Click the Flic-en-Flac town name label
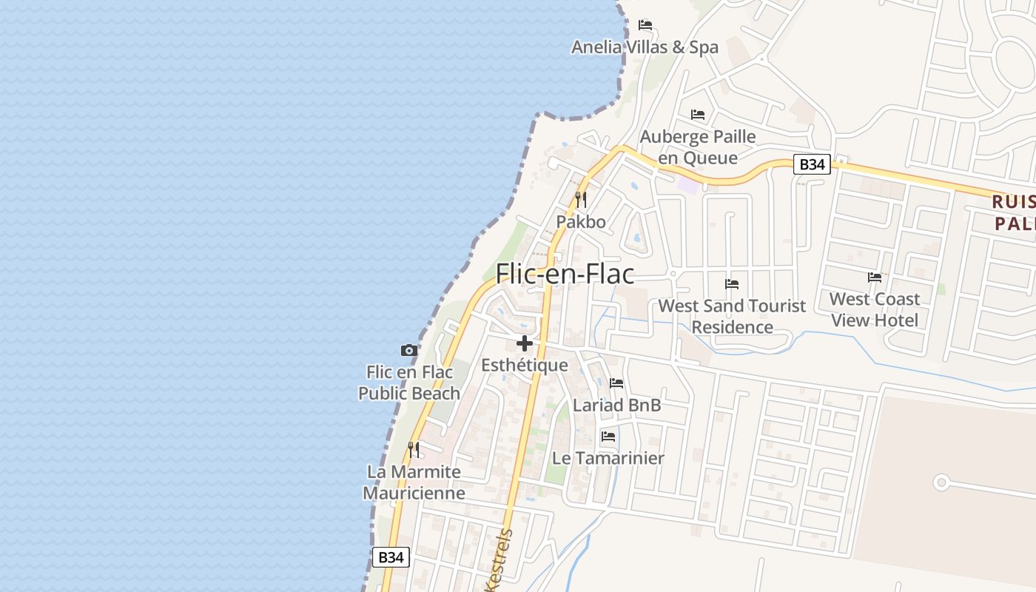(x=565, y=274)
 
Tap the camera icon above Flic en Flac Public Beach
(x=408, y=350)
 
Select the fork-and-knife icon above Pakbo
(x=581, y=200)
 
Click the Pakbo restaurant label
(x=581, y=222)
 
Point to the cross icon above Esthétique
(x=525, y=343)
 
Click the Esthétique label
(x=525, y=366)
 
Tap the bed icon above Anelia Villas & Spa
(x=645, y=25)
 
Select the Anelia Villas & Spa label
(x=645, y=47)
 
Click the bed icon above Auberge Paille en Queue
(x=698, y=115)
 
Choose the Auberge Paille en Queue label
(x=698, y=147)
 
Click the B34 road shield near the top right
(x=812, y=164)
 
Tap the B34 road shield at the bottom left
(x=390, y=557)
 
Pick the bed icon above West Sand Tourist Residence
(x=732, y=284)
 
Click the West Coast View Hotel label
(x=875, y=309)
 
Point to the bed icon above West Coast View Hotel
(x=875, y=277)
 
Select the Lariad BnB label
(x=616, y=406)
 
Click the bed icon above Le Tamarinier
(x=608, y=437)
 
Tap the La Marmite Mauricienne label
(x=414, y=482)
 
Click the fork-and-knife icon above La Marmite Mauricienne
(x=414, y=449)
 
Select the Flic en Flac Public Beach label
(x=409, y=383)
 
